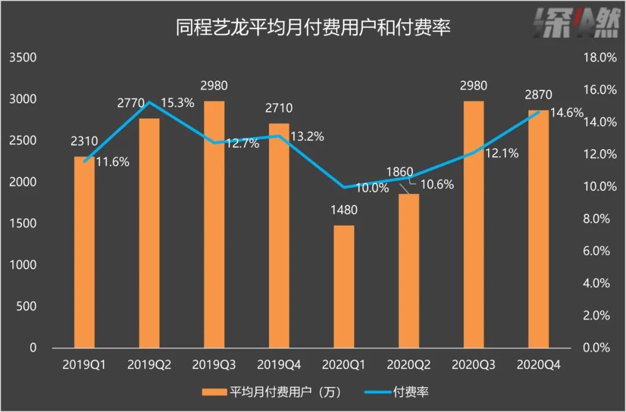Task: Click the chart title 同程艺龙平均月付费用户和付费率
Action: pyautogui.click(x=313, y=28)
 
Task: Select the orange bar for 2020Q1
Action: pyautogui.click(x=344, y=287)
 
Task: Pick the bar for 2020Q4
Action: pyautogui.click(x=538, y=229)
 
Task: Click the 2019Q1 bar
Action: pyautogui.click(x=84, y=252)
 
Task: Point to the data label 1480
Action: pyautogui.click(x=344, y=210)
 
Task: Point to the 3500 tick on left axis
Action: pyautogui.click(x=24, y=58)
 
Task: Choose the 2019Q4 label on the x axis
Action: pyautogui.click(x=279, y=366)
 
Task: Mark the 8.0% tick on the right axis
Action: pyautogui.click(x=597, y=219)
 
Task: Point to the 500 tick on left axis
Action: pyautogui.click(x=27, y=306)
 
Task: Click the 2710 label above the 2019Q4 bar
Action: pyautogui.click(x=279, y=108)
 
